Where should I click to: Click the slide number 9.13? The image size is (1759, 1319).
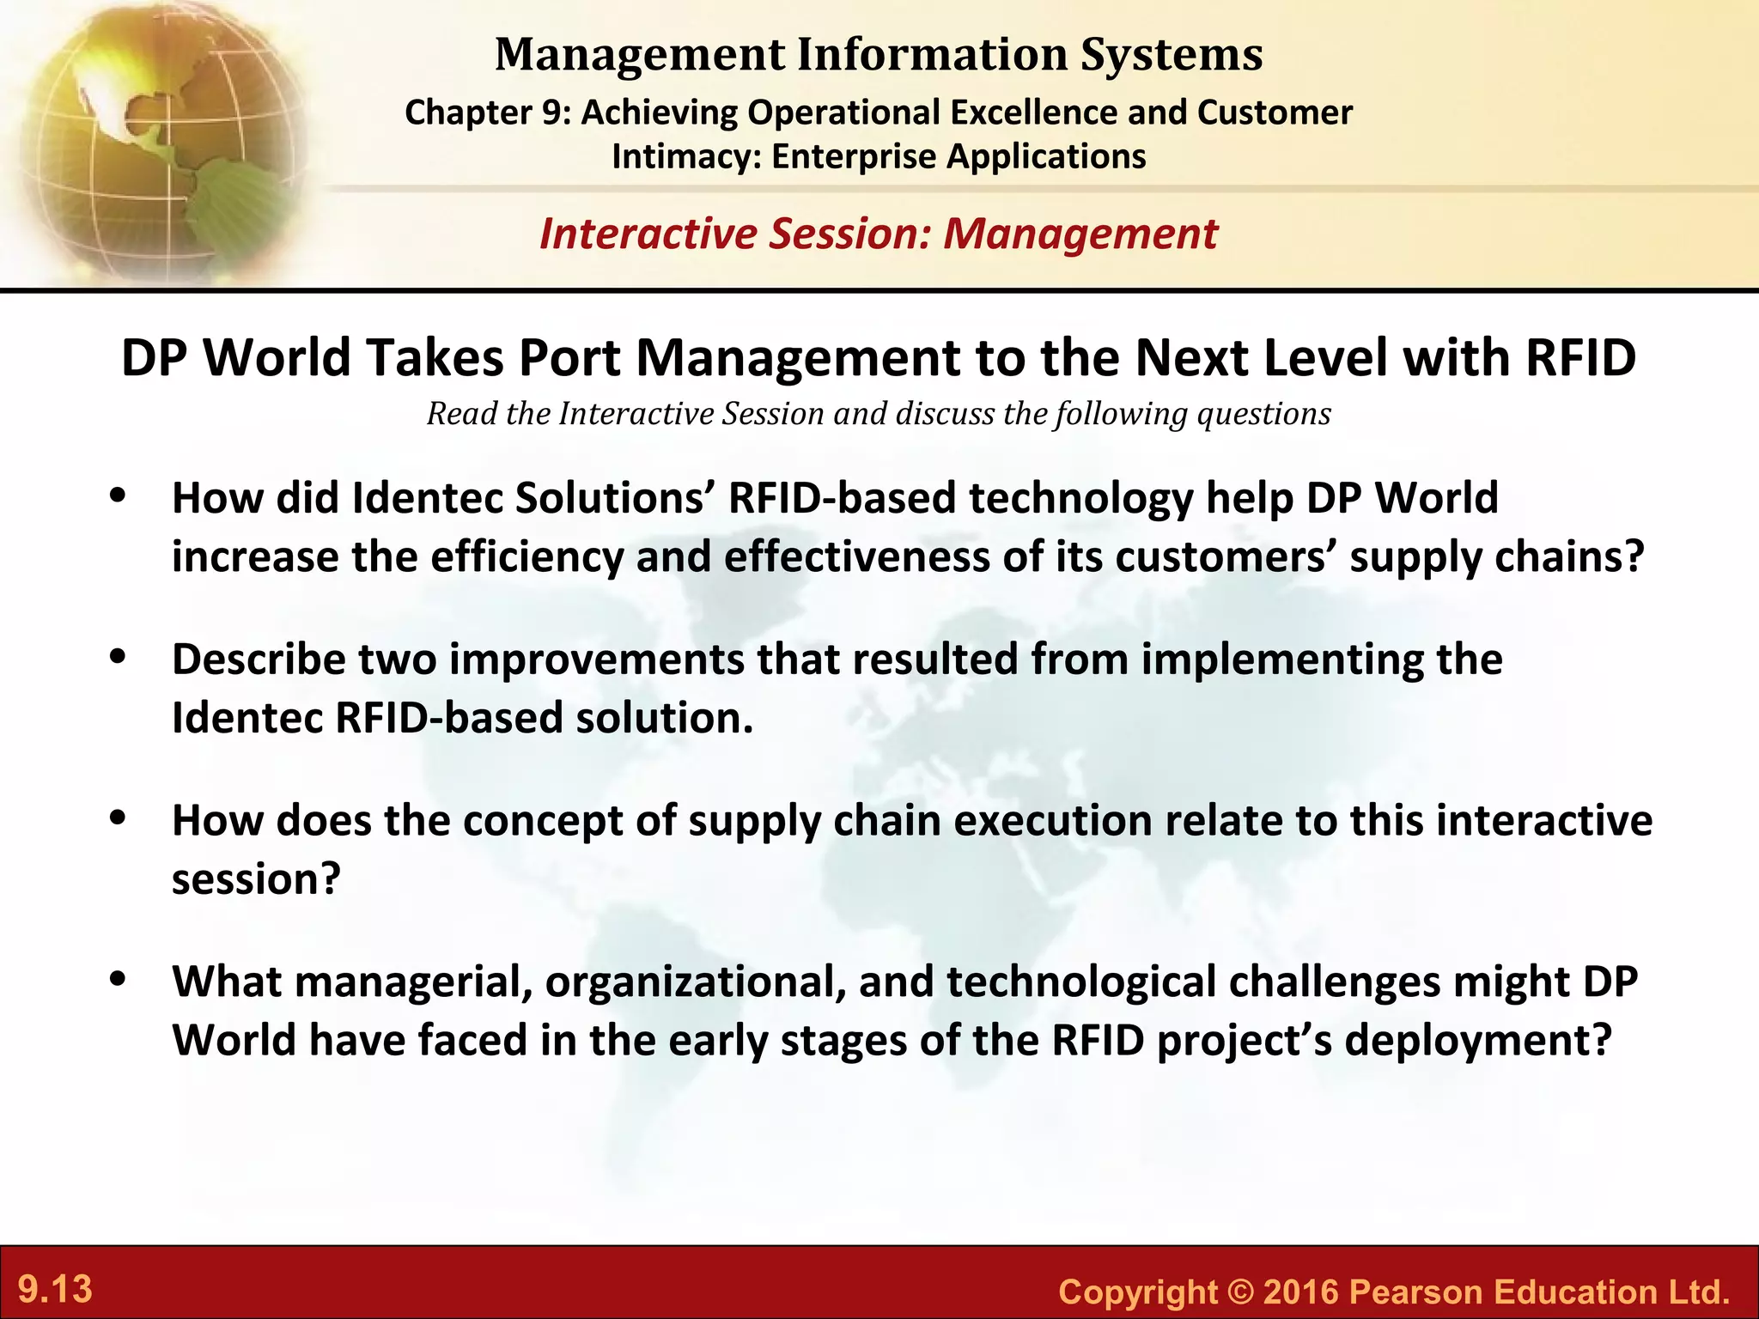point(55,1290)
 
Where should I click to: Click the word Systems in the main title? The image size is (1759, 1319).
point(1172,54)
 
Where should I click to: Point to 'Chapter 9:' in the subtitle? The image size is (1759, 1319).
point(487,112)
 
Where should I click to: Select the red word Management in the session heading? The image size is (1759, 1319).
point(1080,234)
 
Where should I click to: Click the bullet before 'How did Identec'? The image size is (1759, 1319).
point(119,496)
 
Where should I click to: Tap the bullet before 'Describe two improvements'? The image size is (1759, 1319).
point(119,658)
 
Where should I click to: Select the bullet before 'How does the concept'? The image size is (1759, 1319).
point(119,819)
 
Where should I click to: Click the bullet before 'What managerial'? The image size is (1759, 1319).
point(119,980)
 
